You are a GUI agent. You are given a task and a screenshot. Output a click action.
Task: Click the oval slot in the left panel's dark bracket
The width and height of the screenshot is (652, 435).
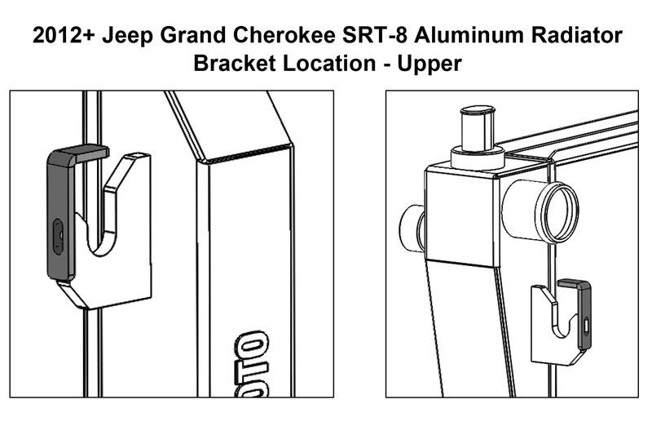tap(57, 236)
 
